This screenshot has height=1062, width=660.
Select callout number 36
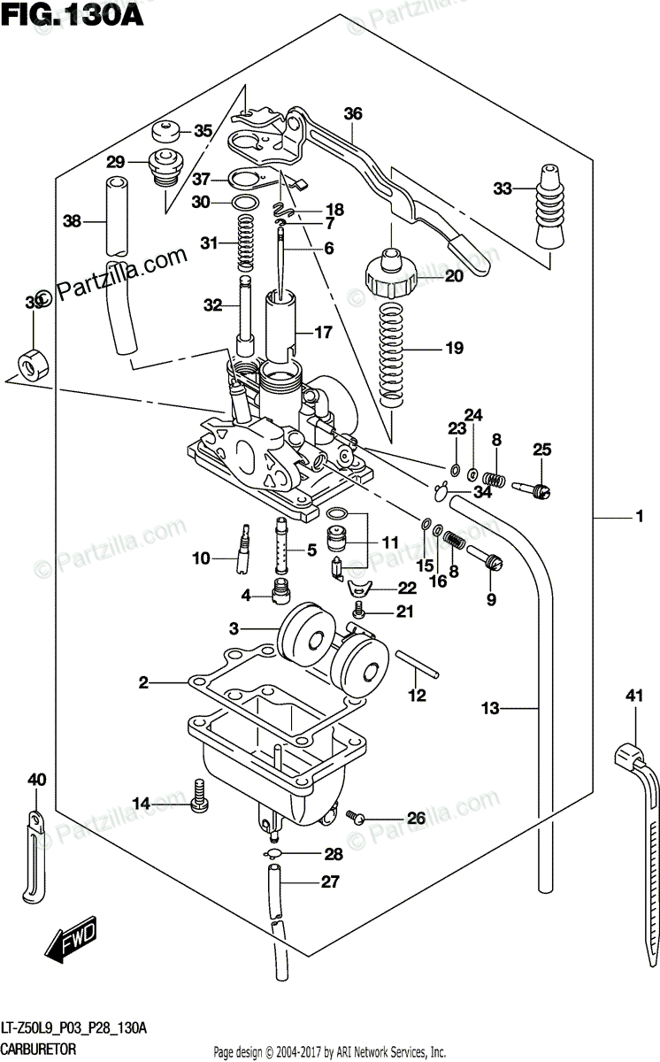(353, 113)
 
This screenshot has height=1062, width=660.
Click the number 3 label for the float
(234, 628)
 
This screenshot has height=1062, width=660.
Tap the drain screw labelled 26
(357, 817)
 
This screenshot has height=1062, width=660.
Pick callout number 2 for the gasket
(142, 682)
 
